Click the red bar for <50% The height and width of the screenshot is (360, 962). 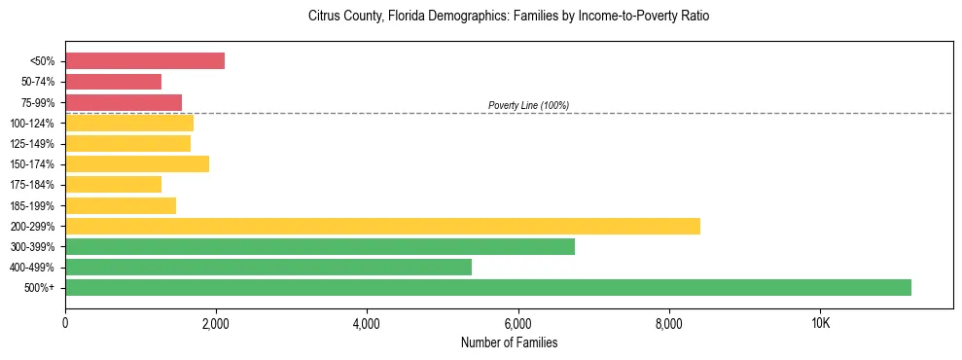point(145,61)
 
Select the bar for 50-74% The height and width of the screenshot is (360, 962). point(113,82)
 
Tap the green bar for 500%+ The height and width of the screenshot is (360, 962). point(488,287)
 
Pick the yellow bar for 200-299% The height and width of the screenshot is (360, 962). point(382,226)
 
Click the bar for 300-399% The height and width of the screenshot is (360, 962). point(320,246)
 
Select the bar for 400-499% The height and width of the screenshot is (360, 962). point(268,267)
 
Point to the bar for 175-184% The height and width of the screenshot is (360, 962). point(113,184)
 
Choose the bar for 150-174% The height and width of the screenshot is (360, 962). point(137,163)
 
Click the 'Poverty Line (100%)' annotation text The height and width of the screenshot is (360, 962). point(528,105)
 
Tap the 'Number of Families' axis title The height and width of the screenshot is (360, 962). point(509,343)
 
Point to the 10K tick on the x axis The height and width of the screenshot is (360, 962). point(820,323)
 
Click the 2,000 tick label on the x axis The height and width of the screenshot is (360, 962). point(216,323)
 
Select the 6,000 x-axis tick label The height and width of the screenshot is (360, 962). point(517,323)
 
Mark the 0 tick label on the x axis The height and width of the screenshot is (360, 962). point(65,323)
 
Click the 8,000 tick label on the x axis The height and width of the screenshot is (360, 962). point(669,323)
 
